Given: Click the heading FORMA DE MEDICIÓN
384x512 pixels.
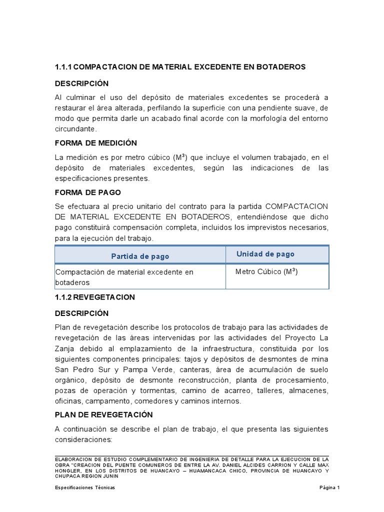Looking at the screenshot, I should tap(95, 143).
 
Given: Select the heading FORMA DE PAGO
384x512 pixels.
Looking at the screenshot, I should tap(87, 192).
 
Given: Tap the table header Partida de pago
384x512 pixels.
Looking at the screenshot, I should tap(140, 256).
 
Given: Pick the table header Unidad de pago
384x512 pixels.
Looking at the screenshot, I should tap(265, 254).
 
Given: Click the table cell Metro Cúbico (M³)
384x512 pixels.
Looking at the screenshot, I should tap(266, 272).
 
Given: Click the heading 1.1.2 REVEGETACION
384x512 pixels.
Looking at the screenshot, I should tap(94, 297).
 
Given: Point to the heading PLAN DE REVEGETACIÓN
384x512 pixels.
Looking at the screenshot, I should tap(103, 415).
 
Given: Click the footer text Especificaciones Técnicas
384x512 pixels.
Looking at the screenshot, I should tap(85, 487).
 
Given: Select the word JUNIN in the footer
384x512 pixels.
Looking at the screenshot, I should tap(110, 476).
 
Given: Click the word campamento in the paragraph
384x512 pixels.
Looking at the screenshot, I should tap(106, 401).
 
